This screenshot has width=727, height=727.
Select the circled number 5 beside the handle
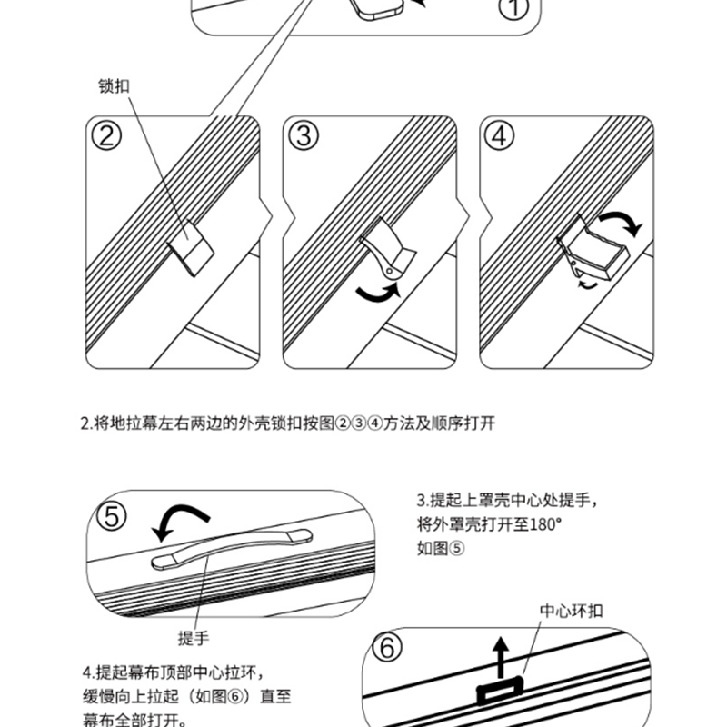pos(113,517)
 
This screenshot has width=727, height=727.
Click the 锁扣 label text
pos(114,88)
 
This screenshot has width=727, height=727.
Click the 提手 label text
pos(194,639)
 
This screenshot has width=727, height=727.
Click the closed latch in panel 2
pos(191,248)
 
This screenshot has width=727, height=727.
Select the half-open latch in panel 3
pos(384,249)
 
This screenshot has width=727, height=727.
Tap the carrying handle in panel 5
pos(231,545)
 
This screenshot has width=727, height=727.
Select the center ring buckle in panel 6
pos(501,692)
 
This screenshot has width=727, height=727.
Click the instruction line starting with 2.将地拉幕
pos(286,423)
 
